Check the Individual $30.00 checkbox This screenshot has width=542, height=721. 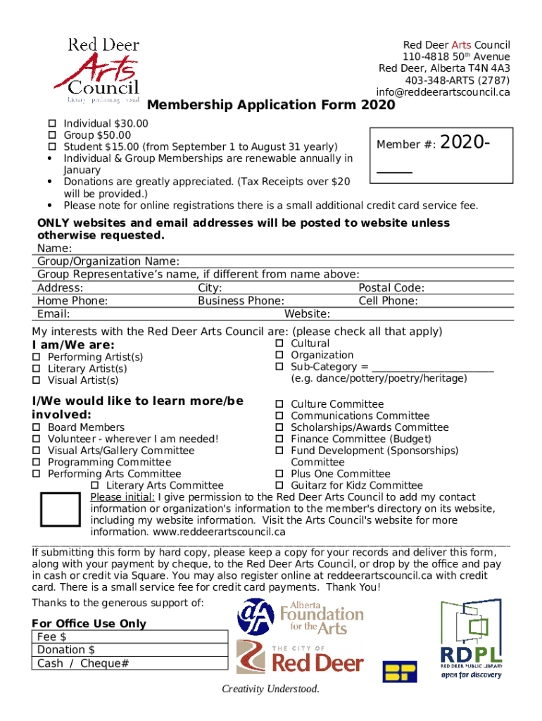51,123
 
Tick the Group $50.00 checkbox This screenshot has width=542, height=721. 51,135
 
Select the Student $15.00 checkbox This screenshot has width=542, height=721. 51,147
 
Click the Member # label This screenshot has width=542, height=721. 406,144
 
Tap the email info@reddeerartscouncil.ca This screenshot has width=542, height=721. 443,92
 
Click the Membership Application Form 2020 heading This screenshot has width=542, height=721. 271,106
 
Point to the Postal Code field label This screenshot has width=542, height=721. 391,288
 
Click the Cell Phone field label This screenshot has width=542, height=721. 388,301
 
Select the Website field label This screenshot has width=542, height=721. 307,314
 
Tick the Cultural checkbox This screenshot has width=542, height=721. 279,344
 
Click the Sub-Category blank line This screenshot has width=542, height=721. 432,368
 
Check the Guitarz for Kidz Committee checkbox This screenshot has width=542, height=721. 279,486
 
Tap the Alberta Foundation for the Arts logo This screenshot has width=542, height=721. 301,617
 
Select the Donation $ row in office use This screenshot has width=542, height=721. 132,650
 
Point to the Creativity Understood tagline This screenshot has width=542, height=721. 270,689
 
